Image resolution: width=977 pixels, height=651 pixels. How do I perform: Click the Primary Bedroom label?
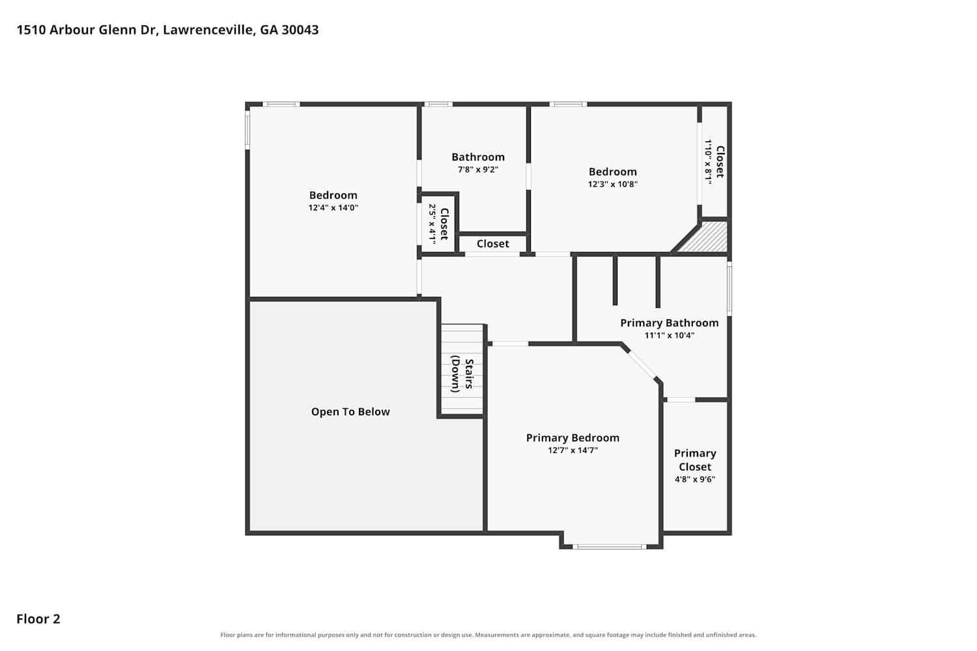click(573, 437)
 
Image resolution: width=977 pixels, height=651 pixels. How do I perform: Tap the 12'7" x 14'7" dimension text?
click(573, 450)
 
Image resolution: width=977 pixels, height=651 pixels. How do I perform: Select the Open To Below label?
click(350, 411)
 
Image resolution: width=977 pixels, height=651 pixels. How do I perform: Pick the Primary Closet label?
click(695, 460)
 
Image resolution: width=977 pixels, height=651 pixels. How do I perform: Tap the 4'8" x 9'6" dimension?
click(695, 479)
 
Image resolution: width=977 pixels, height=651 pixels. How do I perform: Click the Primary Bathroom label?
click(669, 323)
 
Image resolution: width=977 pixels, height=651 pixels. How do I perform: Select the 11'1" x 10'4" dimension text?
click(669, 335)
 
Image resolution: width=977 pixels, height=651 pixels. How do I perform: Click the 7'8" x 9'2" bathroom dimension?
click(478, 169)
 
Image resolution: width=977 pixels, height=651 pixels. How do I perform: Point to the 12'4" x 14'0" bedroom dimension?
click(333, 208)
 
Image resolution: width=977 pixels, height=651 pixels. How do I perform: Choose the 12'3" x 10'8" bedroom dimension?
click(612, 184)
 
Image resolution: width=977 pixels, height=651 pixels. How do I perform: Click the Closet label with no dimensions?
click(493, 243)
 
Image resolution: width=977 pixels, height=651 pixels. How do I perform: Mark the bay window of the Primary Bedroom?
click(609, 546)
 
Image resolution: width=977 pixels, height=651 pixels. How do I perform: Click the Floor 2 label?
click(38, 618)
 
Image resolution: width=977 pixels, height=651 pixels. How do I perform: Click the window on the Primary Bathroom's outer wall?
click(729, 288)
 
